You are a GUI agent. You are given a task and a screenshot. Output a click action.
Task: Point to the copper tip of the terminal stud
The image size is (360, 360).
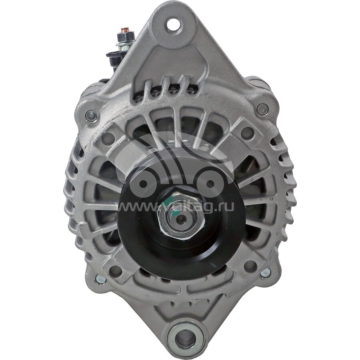pos(124,30)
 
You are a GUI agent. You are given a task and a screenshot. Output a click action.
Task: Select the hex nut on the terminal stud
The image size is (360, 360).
pos(125,37)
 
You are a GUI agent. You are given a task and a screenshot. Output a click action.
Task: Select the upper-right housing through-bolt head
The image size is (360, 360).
pos(262,109)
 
